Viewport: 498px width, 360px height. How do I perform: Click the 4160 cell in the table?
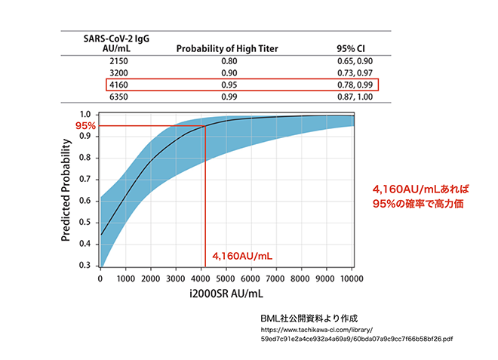pyautogui.click(x=119, y=85)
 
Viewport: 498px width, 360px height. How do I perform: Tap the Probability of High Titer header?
pyautogui.click(x=227, y=48)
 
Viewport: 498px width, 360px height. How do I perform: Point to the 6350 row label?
pyautogui.click(x=119, y=97)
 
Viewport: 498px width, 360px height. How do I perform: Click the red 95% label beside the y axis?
pyautogui.click(x=85, y=125)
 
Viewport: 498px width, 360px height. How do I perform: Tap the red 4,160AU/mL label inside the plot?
pyautogui.click(x=242, y=256)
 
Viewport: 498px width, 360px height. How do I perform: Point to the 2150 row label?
pyautogui.click(x=119, y=60)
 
